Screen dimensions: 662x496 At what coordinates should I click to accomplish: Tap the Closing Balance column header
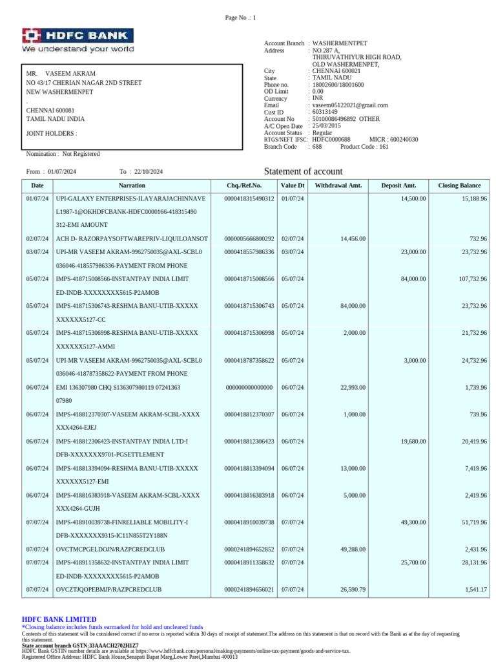point(459,186)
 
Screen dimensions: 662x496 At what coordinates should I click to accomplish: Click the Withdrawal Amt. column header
point(338,186)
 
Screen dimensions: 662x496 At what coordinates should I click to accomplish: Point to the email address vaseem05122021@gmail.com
point(350,105)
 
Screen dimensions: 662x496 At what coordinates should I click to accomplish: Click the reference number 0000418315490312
point(249,199)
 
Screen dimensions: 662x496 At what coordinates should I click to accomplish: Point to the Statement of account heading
point(304,171)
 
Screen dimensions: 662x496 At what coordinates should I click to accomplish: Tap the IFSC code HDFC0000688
point(331,140)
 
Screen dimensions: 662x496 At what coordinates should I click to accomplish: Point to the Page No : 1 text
point(241,17)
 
